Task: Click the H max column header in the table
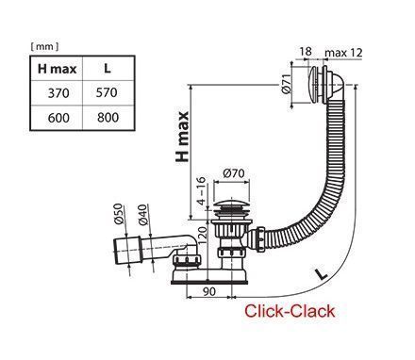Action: (57, 69)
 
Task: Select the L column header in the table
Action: (108, 68)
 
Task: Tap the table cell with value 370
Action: (58, 93)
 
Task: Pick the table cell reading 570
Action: (107, 92)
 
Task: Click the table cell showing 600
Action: (58, 118)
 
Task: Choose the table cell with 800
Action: (108, 117)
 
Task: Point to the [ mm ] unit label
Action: (44, 47)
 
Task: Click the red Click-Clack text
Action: (290, 311)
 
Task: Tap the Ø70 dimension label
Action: (234, 173)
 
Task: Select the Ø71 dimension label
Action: (286, 84)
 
